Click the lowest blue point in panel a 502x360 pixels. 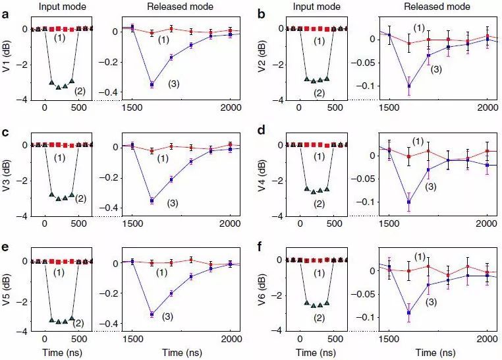tap(152, 84)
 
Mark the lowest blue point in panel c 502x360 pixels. tap(152, 200)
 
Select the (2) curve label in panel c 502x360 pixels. tap(81, 198)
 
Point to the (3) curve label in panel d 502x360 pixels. tap(432, 187)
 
